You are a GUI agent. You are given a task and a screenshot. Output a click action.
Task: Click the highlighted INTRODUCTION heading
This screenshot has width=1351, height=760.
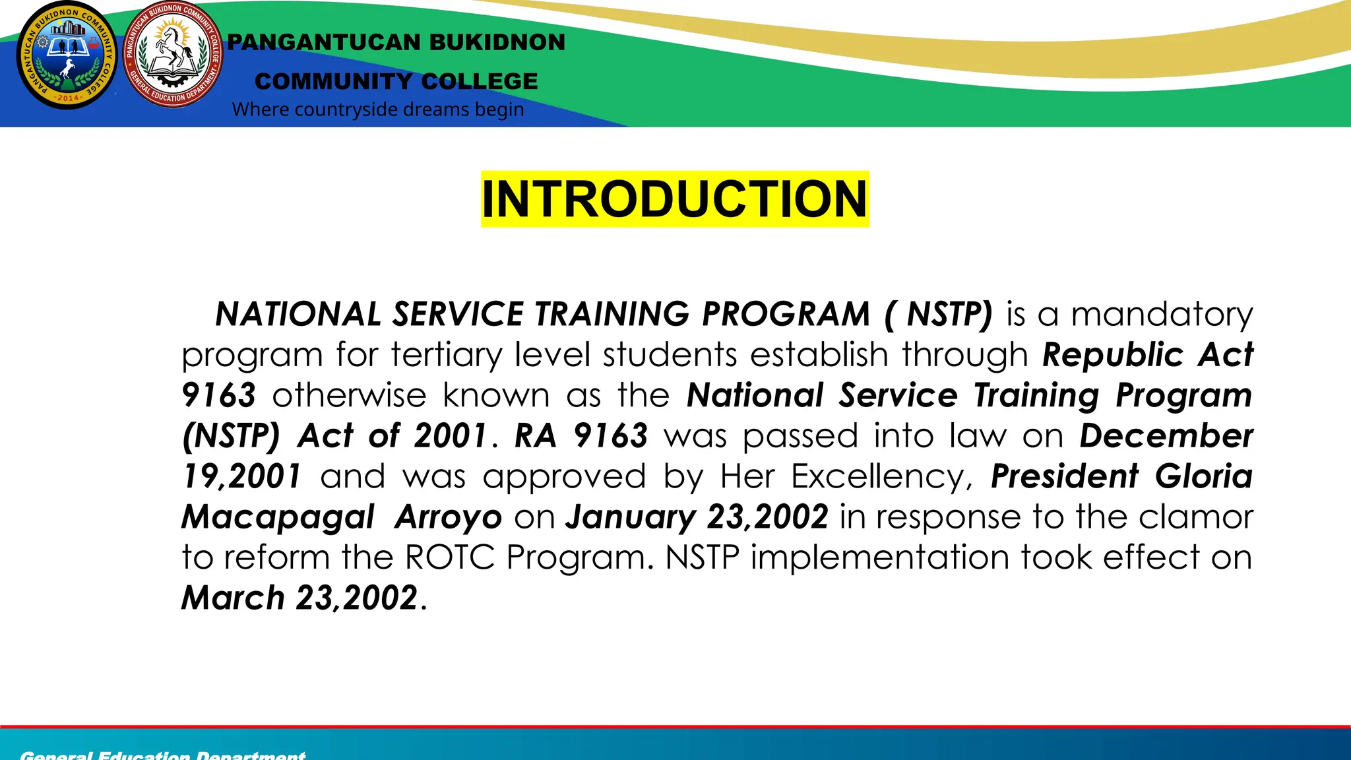pos(675,199)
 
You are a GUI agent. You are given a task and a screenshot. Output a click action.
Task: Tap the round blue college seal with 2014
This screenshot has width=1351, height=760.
pos(67,55)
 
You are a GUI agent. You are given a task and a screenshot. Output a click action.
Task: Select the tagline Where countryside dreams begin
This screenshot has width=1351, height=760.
pos(378,110)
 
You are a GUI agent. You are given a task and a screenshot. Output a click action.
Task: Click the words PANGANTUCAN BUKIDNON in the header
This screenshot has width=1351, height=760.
pos(396,42)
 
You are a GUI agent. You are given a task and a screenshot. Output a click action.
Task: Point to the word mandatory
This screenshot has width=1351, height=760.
pos(1161,315)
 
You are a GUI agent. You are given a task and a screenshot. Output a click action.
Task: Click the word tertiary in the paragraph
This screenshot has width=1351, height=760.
pos(446,355)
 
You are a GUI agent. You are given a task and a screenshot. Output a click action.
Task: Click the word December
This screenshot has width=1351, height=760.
pos(1166,436)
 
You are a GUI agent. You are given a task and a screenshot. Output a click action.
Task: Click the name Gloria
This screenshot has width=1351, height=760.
pos(1203,476)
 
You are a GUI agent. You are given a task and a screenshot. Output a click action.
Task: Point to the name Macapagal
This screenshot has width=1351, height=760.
pos(278,518)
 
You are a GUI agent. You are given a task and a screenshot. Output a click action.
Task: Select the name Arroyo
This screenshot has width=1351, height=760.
pos(448,518)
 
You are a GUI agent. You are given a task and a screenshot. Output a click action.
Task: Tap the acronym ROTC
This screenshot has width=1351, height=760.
pos(449,557)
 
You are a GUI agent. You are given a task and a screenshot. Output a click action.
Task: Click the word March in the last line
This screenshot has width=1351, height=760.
pos(233,598)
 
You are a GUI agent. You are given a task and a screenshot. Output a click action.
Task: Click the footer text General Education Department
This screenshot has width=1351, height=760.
pos(163,755)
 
